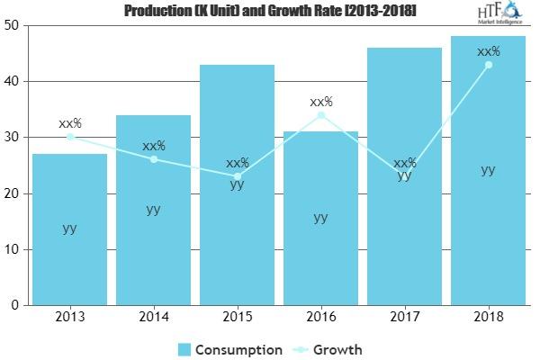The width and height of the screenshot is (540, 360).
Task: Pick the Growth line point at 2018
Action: [x=488, y=65]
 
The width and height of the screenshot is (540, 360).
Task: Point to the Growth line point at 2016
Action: [x=320, y=115]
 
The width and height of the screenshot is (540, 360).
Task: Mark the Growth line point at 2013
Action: [x=70, y=137]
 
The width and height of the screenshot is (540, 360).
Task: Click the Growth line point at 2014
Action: [x=154, y=159]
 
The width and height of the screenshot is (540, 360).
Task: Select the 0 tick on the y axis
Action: [x=16, y=305]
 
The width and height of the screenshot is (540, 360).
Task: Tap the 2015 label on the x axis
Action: [x=237, y=316]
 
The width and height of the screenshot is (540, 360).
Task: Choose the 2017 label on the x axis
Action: [x=404, y=316]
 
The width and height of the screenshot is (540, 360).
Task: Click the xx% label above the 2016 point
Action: [x=320, y=102]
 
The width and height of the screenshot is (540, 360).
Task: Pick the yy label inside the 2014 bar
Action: [x=154, y=209]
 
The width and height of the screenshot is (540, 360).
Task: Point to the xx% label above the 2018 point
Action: [x=488, y=52]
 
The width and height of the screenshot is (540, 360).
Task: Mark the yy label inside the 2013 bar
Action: [x=70, y=228]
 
